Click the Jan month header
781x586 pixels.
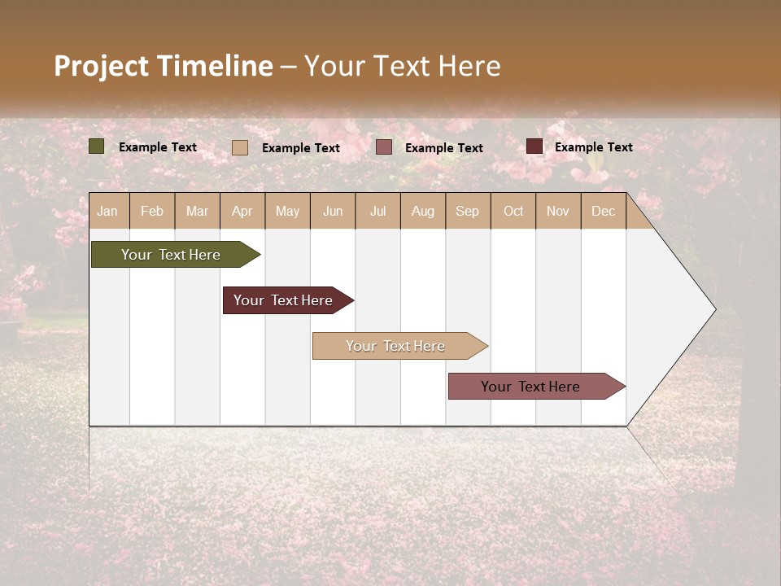coord(107,212)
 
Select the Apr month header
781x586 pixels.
coord(242,212)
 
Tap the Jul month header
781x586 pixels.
coord(377,212)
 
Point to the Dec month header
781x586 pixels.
coord(603,212)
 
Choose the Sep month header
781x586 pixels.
coord(467,212)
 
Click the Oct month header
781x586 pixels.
coord(513,212)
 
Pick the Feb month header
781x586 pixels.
coord(152,212)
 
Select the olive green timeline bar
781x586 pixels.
coord(172,255)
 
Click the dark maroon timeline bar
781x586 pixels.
coord(284,300)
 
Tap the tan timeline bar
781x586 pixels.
coord(395,346)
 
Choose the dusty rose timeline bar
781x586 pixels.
coord(531,387)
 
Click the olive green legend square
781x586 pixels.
coord(97,146)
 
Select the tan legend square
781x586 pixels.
coord(240,147)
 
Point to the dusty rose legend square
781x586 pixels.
coord(384,147)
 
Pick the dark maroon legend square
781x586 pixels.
coord(534,146)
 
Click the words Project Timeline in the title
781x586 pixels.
coord(164,66)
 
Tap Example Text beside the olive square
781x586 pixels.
coord(158,147)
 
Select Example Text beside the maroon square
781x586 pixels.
coord(594,147)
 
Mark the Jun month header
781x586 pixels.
coord(333,212)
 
